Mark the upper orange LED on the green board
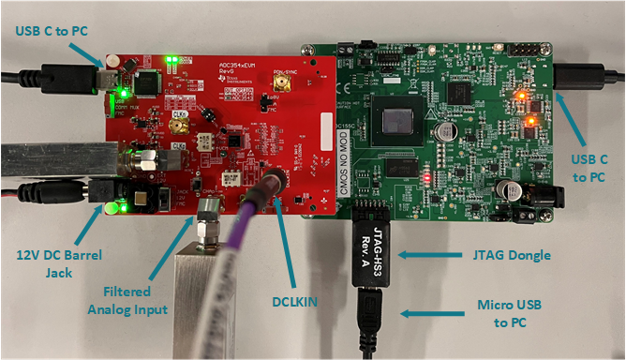tap(521, 96)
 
